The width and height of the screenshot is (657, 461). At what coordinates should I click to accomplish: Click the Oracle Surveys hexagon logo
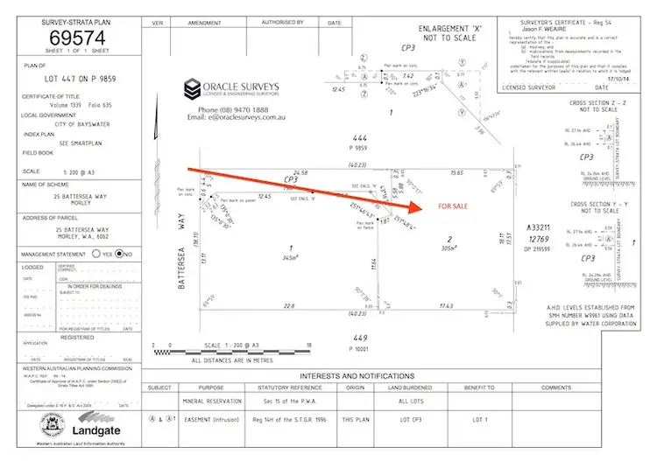tap(191, 89)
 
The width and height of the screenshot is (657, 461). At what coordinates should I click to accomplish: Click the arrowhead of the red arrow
tap(413, 210)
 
